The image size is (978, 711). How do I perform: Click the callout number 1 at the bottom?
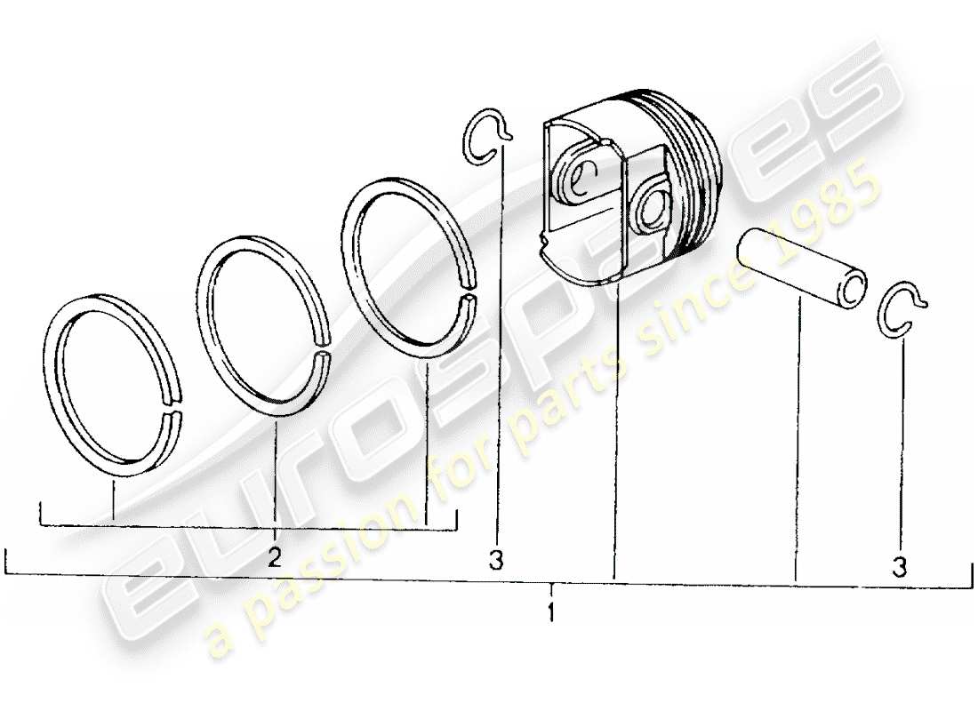click(x=551, y=612)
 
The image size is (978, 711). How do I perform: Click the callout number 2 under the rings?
click(x=275, y=558)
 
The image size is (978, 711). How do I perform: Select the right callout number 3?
click(x=900, y=566)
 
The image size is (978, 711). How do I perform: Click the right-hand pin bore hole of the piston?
click(x=655, y=208)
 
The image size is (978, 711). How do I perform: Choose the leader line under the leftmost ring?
click(x=114, y=493)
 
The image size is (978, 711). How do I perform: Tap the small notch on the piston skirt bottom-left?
click(x=545, y=238)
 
